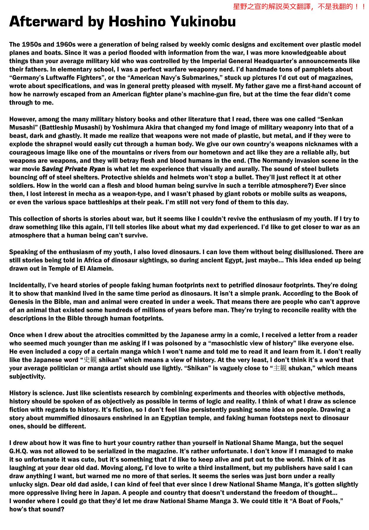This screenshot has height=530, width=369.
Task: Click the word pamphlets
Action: click(336, 69)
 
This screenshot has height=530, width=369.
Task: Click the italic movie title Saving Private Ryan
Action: click(73, 169)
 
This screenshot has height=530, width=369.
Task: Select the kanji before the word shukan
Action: click(280, 368)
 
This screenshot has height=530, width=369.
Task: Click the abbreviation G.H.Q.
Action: click(19, 451)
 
